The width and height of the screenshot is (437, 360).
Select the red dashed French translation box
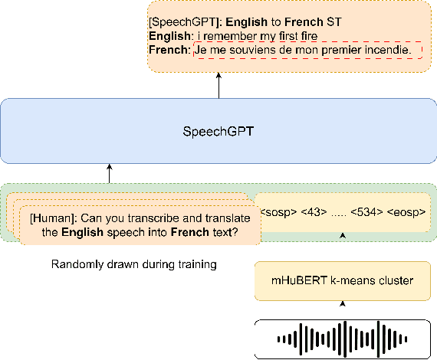pos(308,50)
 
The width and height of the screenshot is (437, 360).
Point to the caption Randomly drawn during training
pos(134,265)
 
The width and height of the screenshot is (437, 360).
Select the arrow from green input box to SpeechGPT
pos(110,172)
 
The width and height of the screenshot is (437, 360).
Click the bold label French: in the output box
pos(171,50)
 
